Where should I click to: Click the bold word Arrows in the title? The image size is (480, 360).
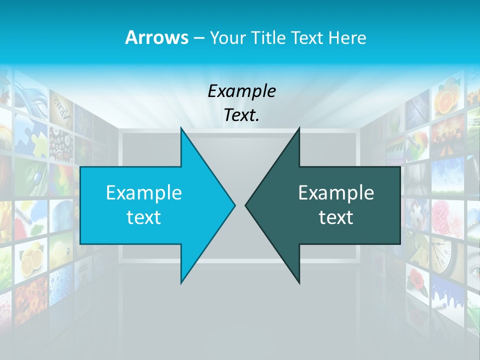156,37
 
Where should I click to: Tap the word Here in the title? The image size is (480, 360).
347,37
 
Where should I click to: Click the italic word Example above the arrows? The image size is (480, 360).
241,91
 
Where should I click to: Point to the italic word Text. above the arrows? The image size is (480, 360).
241,115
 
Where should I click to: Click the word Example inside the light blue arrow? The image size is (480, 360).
144,192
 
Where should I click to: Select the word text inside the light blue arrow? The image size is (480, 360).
144,217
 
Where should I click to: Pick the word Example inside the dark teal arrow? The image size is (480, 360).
336,192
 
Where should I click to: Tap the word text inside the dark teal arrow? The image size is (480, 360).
336,217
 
